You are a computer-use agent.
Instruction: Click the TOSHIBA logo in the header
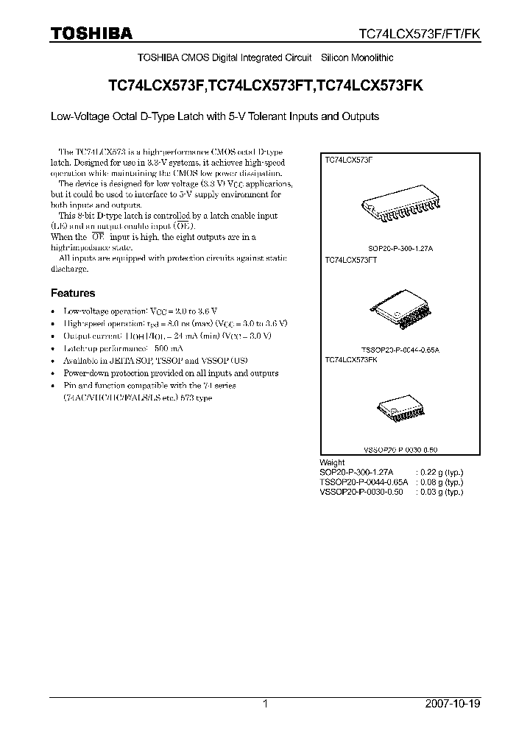coord(91,33)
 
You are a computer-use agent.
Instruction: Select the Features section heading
coord(72,293)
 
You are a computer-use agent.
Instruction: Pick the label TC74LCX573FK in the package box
coord(350,360)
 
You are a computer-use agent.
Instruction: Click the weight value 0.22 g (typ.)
coord(439,471)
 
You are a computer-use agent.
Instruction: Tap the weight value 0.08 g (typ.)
coord(439,481)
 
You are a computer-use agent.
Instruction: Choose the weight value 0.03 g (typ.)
coord(439,492)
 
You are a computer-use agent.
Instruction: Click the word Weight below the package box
coord(333,462)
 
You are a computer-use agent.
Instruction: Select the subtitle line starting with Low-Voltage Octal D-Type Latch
coord(214,116)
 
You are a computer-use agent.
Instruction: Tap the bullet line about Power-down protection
coord(171,373)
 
